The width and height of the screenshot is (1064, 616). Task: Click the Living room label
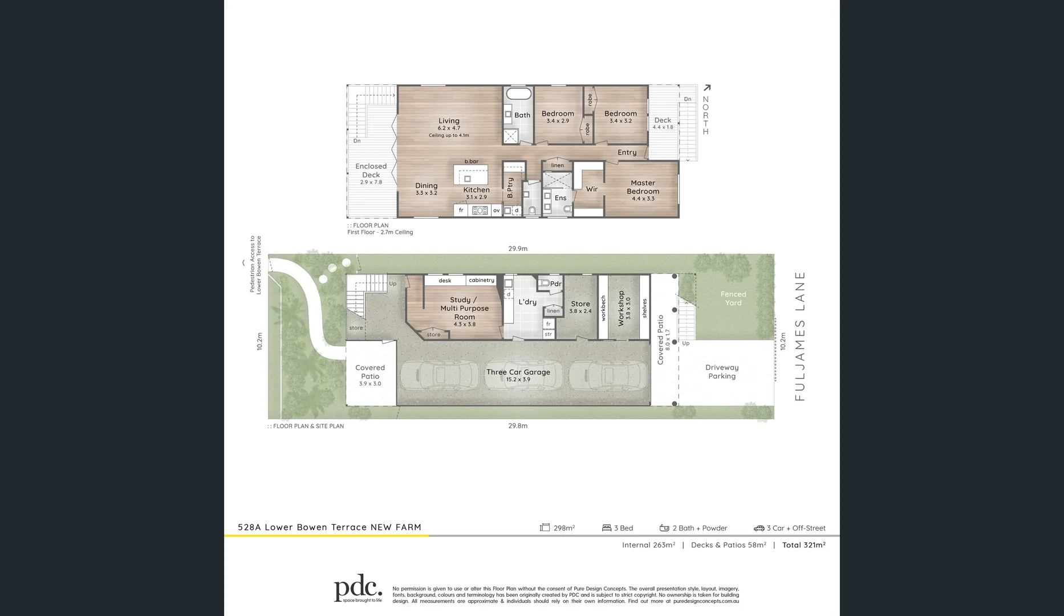[x=449, y=121]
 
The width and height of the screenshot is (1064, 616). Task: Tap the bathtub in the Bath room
[x=518, y=95]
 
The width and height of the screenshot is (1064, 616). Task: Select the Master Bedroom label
[x=643, y=187]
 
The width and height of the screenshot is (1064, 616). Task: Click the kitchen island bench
[x=471, y=175]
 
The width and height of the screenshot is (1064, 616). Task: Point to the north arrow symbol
[x=707, y=88]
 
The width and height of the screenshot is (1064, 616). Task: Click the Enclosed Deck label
[x=371, y=171]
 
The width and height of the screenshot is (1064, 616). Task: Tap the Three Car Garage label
[x=518, y=372]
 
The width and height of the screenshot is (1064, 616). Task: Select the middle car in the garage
[x=519, y=375]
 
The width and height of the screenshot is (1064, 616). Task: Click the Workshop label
[x=621, y=308]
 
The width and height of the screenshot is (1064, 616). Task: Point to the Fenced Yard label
[x=733, y=298]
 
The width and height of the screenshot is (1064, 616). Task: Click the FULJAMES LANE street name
[x=799, y=336]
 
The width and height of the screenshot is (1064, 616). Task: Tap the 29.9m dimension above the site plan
[x=518, y=249]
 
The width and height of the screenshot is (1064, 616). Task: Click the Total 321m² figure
[x=803, y=545]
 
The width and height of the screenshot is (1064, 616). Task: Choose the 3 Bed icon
[x=607, y=528]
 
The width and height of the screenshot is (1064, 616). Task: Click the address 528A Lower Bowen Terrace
[x=329, y=527]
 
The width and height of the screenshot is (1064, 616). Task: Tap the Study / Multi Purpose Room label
[x=464, y=308]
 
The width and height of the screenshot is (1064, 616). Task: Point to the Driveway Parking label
[x=721, y=371]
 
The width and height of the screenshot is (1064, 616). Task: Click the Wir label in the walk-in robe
[x=592, y=189]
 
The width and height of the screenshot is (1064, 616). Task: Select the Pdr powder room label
[x=555, y=283]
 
